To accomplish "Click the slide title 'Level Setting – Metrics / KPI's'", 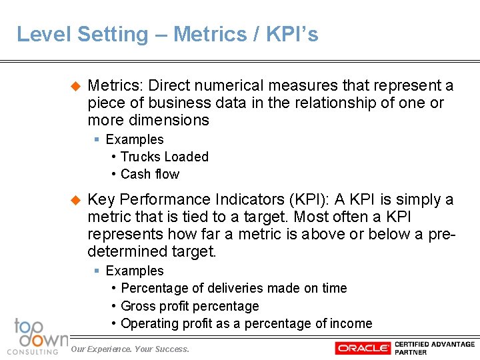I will click(x=167, y=35).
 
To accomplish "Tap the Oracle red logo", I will click(x=363, y=348).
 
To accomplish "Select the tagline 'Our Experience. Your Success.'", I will click(x=130, y=349).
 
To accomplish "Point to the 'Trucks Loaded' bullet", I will click(x=165, y=157).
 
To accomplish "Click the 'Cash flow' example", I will click(x=150, y=174).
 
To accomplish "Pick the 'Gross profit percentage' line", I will click(x=190, y=306).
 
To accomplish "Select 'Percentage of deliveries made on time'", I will click(x=234, y=288).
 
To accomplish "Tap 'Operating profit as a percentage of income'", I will click(x=247, y=323).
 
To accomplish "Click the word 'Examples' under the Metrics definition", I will click(x=135, y=139).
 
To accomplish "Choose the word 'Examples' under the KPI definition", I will click(x=135, y=271).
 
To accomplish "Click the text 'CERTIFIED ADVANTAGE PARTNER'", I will click(x=434, y=348).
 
